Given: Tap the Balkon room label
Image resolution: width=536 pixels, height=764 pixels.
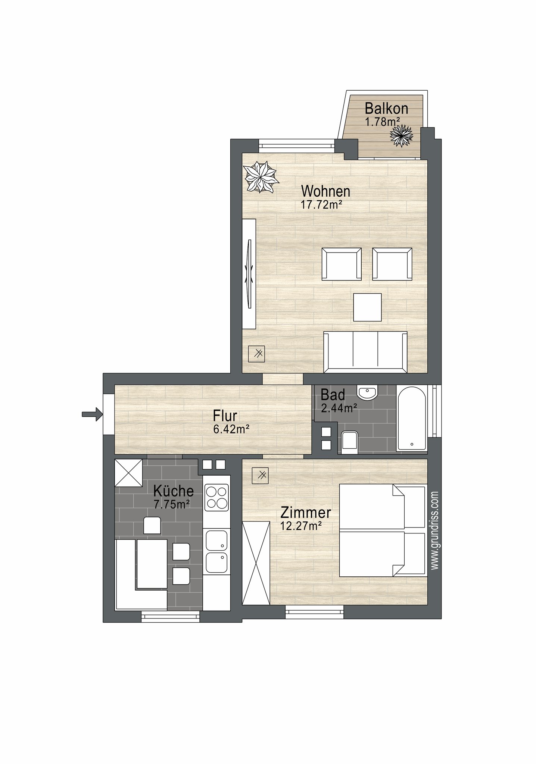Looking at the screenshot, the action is click(x=386, y=109).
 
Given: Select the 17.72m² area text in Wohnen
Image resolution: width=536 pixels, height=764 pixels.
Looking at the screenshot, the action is click(x=321, y=204).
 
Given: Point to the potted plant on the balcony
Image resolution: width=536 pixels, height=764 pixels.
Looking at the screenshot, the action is click(x=401, y=136).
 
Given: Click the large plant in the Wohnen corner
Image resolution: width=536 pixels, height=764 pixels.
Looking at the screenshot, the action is click(x=261, y=177).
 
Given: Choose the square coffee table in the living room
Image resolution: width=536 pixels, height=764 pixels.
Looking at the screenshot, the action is click(x=367, y=307).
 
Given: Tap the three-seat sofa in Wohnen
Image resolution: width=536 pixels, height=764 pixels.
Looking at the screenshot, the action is click(x=365, y=352).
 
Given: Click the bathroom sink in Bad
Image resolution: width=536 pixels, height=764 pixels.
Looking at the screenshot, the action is click(x=368, y=392).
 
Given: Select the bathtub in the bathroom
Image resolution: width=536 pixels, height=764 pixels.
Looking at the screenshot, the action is click(x=412, y=418).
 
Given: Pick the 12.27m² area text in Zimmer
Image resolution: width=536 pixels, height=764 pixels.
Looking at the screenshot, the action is click(x=301, y=526).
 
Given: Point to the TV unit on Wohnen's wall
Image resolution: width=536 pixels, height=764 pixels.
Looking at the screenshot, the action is click(x=249, y=274).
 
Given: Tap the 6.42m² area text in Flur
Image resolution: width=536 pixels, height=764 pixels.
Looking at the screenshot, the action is click(x=231, y=429).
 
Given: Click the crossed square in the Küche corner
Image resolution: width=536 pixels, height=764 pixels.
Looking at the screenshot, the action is click(x=128, y=473).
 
